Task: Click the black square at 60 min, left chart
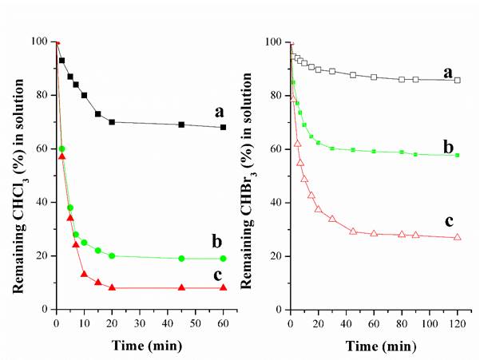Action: click(223, 127)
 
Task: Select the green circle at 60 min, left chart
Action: click(223, 259)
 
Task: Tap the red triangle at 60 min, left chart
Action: click(223, 287)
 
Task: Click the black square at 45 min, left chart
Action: click(181, 125)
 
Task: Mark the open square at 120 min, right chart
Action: click(457, 81)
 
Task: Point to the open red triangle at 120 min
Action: click(457, 237)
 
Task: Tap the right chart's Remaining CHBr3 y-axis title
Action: click(252, 176)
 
